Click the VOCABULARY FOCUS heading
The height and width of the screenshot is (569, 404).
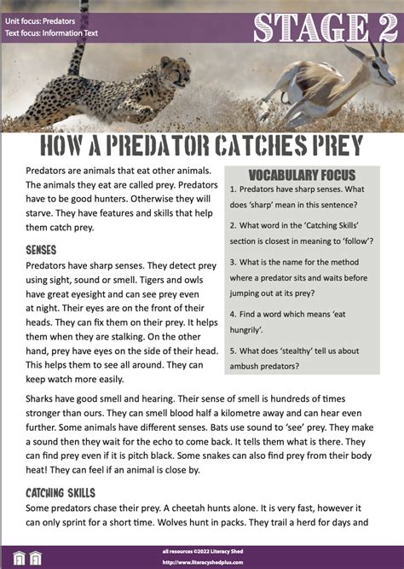tap(302, 174)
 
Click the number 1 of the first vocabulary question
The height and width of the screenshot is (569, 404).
tap(233, 190)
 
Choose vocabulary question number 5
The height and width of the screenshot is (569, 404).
tap(233, 351)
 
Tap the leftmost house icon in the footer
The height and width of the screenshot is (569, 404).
tap(14, 558)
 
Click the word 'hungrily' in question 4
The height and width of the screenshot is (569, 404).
tap(257, 331)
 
